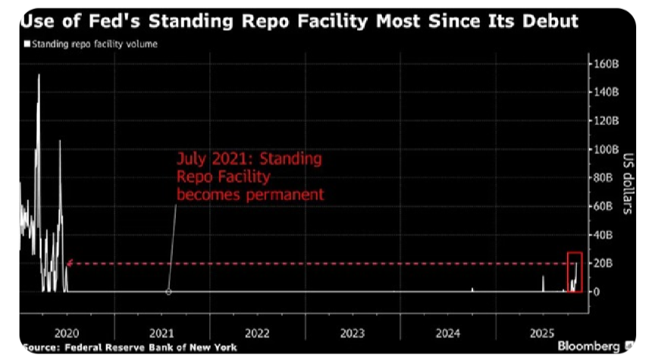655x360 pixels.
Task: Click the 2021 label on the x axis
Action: pyautogui.click(x=162, y=332)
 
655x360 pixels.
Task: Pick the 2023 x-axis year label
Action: pyautogui.click(x=353, y=332)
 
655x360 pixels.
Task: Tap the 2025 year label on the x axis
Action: pyautogui.click(x=543, y=332)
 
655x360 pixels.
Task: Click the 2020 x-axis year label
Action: pyautogui.click(x=67, y=332)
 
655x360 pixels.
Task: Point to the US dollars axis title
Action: pyautogui.click(x=628, y=177)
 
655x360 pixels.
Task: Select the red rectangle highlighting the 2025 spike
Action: pyautogui.click(x=575, y=272)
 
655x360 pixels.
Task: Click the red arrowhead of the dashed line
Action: pyautogui.click(x=69, y=263)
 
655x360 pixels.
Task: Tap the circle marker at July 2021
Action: pyautogui.click(x=168, y=292)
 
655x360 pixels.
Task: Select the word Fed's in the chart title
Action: pyautogui.click(x=100, y=20)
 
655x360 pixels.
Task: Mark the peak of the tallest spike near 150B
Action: pyautogui.click(x=39, y=74)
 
